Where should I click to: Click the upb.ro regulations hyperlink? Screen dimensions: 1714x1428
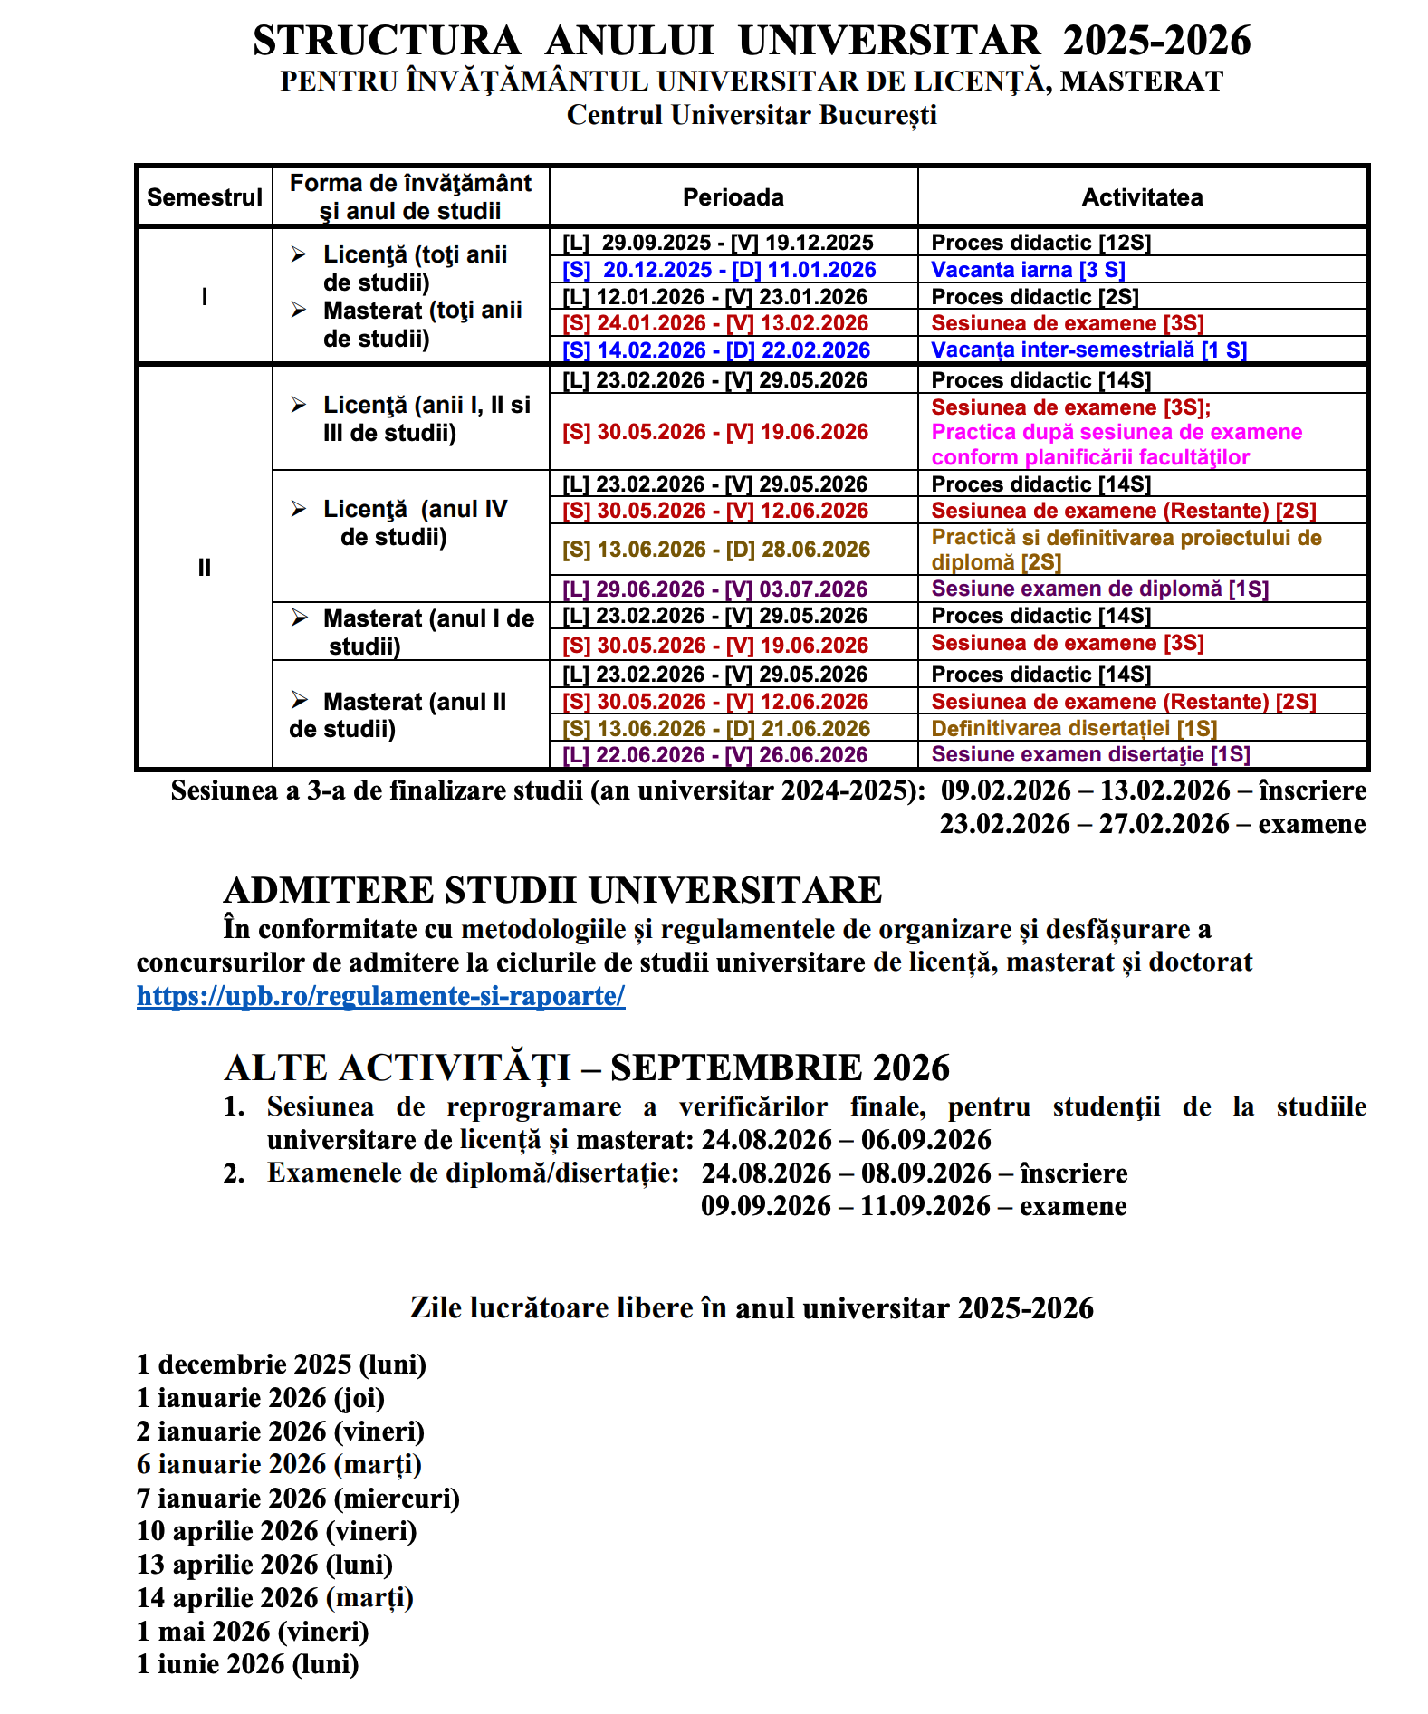[x=380, y=996]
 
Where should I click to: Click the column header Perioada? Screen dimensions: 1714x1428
[x=733, y=197]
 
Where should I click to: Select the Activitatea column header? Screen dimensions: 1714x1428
[x=1142, y=197]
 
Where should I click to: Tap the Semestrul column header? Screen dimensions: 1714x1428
[x=205, y=197]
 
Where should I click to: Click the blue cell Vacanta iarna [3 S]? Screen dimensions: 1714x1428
[x=1028, y=270]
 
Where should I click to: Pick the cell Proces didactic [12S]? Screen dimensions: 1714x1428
[x=1040, y=243]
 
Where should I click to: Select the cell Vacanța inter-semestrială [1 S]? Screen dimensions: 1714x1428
[x=1088, y=350]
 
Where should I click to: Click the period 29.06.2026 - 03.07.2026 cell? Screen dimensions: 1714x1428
[x=714, y=589]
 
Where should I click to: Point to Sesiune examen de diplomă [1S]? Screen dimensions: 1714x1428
[x=1099, y=589]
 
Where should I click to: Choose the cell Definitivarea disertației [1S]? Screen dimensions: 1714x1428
[x=1074, y=729]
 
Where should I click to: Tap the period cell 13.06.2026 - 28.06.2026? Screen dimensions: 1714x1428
[x=715, y=550]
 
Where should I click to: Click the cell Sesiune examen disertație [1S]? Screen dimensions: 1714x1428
[x=1090, y=755]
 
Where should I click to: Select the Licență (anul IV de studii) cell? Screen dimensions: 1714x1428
[x=407, y=523]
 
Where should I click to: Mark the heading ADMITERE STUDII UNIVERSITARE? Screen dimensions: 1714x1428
[x=552, y=890]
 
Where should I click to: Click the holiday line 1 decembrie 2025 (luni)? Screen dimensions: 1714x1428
[x=281, y=1364]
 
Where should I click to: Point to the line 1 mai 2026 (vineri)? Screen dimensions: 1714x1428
[x=253, y=1632]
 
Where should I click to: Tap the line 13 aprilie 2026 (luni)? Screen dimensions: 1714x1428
[x=264, y=1565]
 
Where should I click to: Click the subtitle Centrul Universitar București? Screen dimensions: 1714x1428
[x=752, y=116]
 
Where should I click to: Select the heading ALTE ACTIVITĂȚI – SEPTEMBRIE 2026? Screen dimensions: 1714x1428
[x=587, y=1068]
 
